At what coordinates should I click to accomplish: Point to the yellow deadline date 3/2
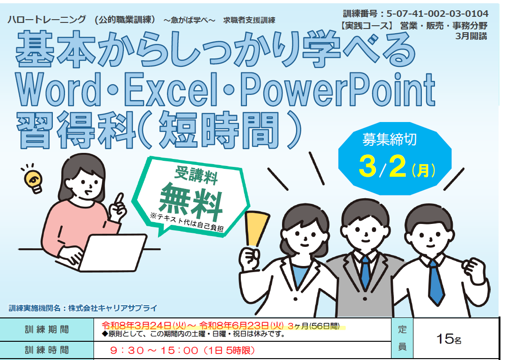click(x=383, y=167)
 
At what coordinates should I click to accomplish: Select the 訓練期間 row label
click(x=47, y=330)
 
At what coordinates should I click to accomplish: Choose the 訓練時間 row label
click(x=47, y=350)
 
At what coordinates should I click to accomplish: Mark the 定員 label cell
click(x=402, y=338)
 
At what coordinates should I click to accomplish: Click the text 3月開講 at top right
click(x=471, y=36)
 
